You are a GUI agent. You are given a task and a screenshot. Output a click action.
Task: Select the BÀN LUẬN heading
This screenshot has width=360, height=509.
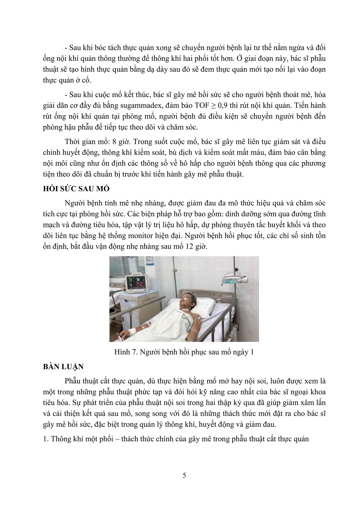63,367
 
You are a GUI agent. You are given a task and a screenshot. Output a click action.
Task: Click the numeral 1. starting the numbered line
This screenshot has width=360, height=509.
46,439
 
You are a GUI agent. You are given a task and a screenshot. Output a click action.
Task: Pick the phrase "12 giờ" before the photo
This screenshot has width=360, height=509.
192,247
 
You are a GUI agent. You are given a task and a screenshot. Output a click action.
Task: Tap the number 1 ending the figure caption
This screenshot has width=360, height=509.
252,352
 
